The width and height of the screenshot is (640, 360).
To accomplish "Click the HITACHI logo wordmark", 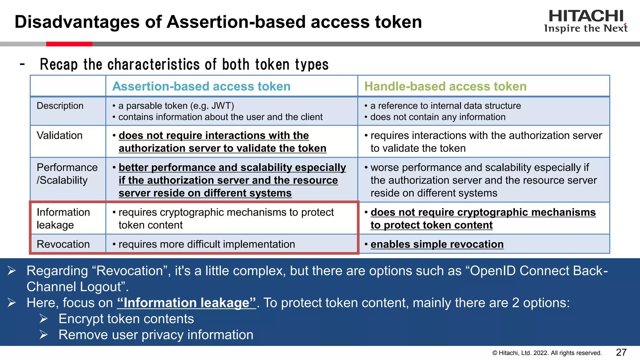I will point(586,16).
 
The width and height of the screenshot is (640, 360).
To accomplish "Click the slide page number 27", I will point(621,352).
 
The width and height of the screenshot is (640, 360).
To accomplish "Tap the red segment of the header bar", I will point(69,44).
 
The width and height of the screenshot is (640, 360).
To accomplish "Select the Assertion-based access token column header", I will point(201,86).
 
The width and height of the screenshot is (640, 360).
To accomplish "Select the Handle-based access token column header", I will point(445,86).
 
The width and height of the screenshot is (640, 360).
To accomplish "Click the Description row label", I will point(60,106).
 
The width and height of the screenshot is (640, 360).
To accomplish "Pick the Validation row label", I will point(59,135).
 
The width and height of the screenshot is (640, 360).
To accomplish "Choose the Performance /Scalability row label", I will point(67,174).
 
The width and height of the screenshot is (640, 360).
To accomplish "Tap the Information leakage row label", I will point(63,218).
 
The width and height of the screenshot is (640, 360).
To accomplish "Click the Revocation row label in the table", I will point(63,244).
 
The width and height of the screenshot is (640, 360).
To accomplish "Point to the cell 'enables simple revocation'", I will point(437,244).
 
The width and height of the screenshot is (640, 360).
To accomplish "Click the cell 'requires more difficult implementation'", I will point(207,244).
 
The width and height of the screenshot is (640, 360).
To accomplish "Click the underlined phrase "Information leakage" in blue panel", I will point(187,303).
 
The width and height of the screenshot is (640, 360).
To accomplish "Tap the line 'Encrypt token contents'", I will point(126,319).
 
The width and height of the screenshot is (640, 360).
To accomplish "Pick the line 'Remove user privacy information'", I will point(156,335).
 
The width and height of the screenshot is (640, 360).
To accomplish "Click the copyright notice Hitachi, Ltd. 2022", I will point(547,353).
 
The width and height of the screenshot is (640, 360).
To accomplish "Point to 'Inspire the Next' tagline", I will point(586,28).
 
